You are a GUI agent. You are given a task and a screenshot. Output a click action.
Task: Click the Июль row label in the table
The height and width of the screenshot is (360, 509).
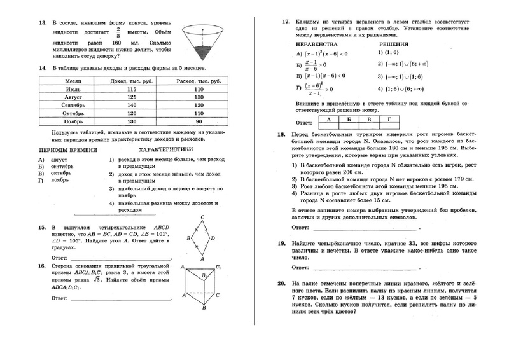tap(72, 90)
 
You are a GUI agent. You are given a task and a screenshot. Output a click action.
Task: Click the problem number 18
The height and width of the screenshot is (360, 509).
tap(282, 135)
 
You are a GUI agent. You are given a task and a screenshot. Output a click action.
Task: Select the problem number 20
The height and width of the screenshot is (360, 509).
tap(282, 282)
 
